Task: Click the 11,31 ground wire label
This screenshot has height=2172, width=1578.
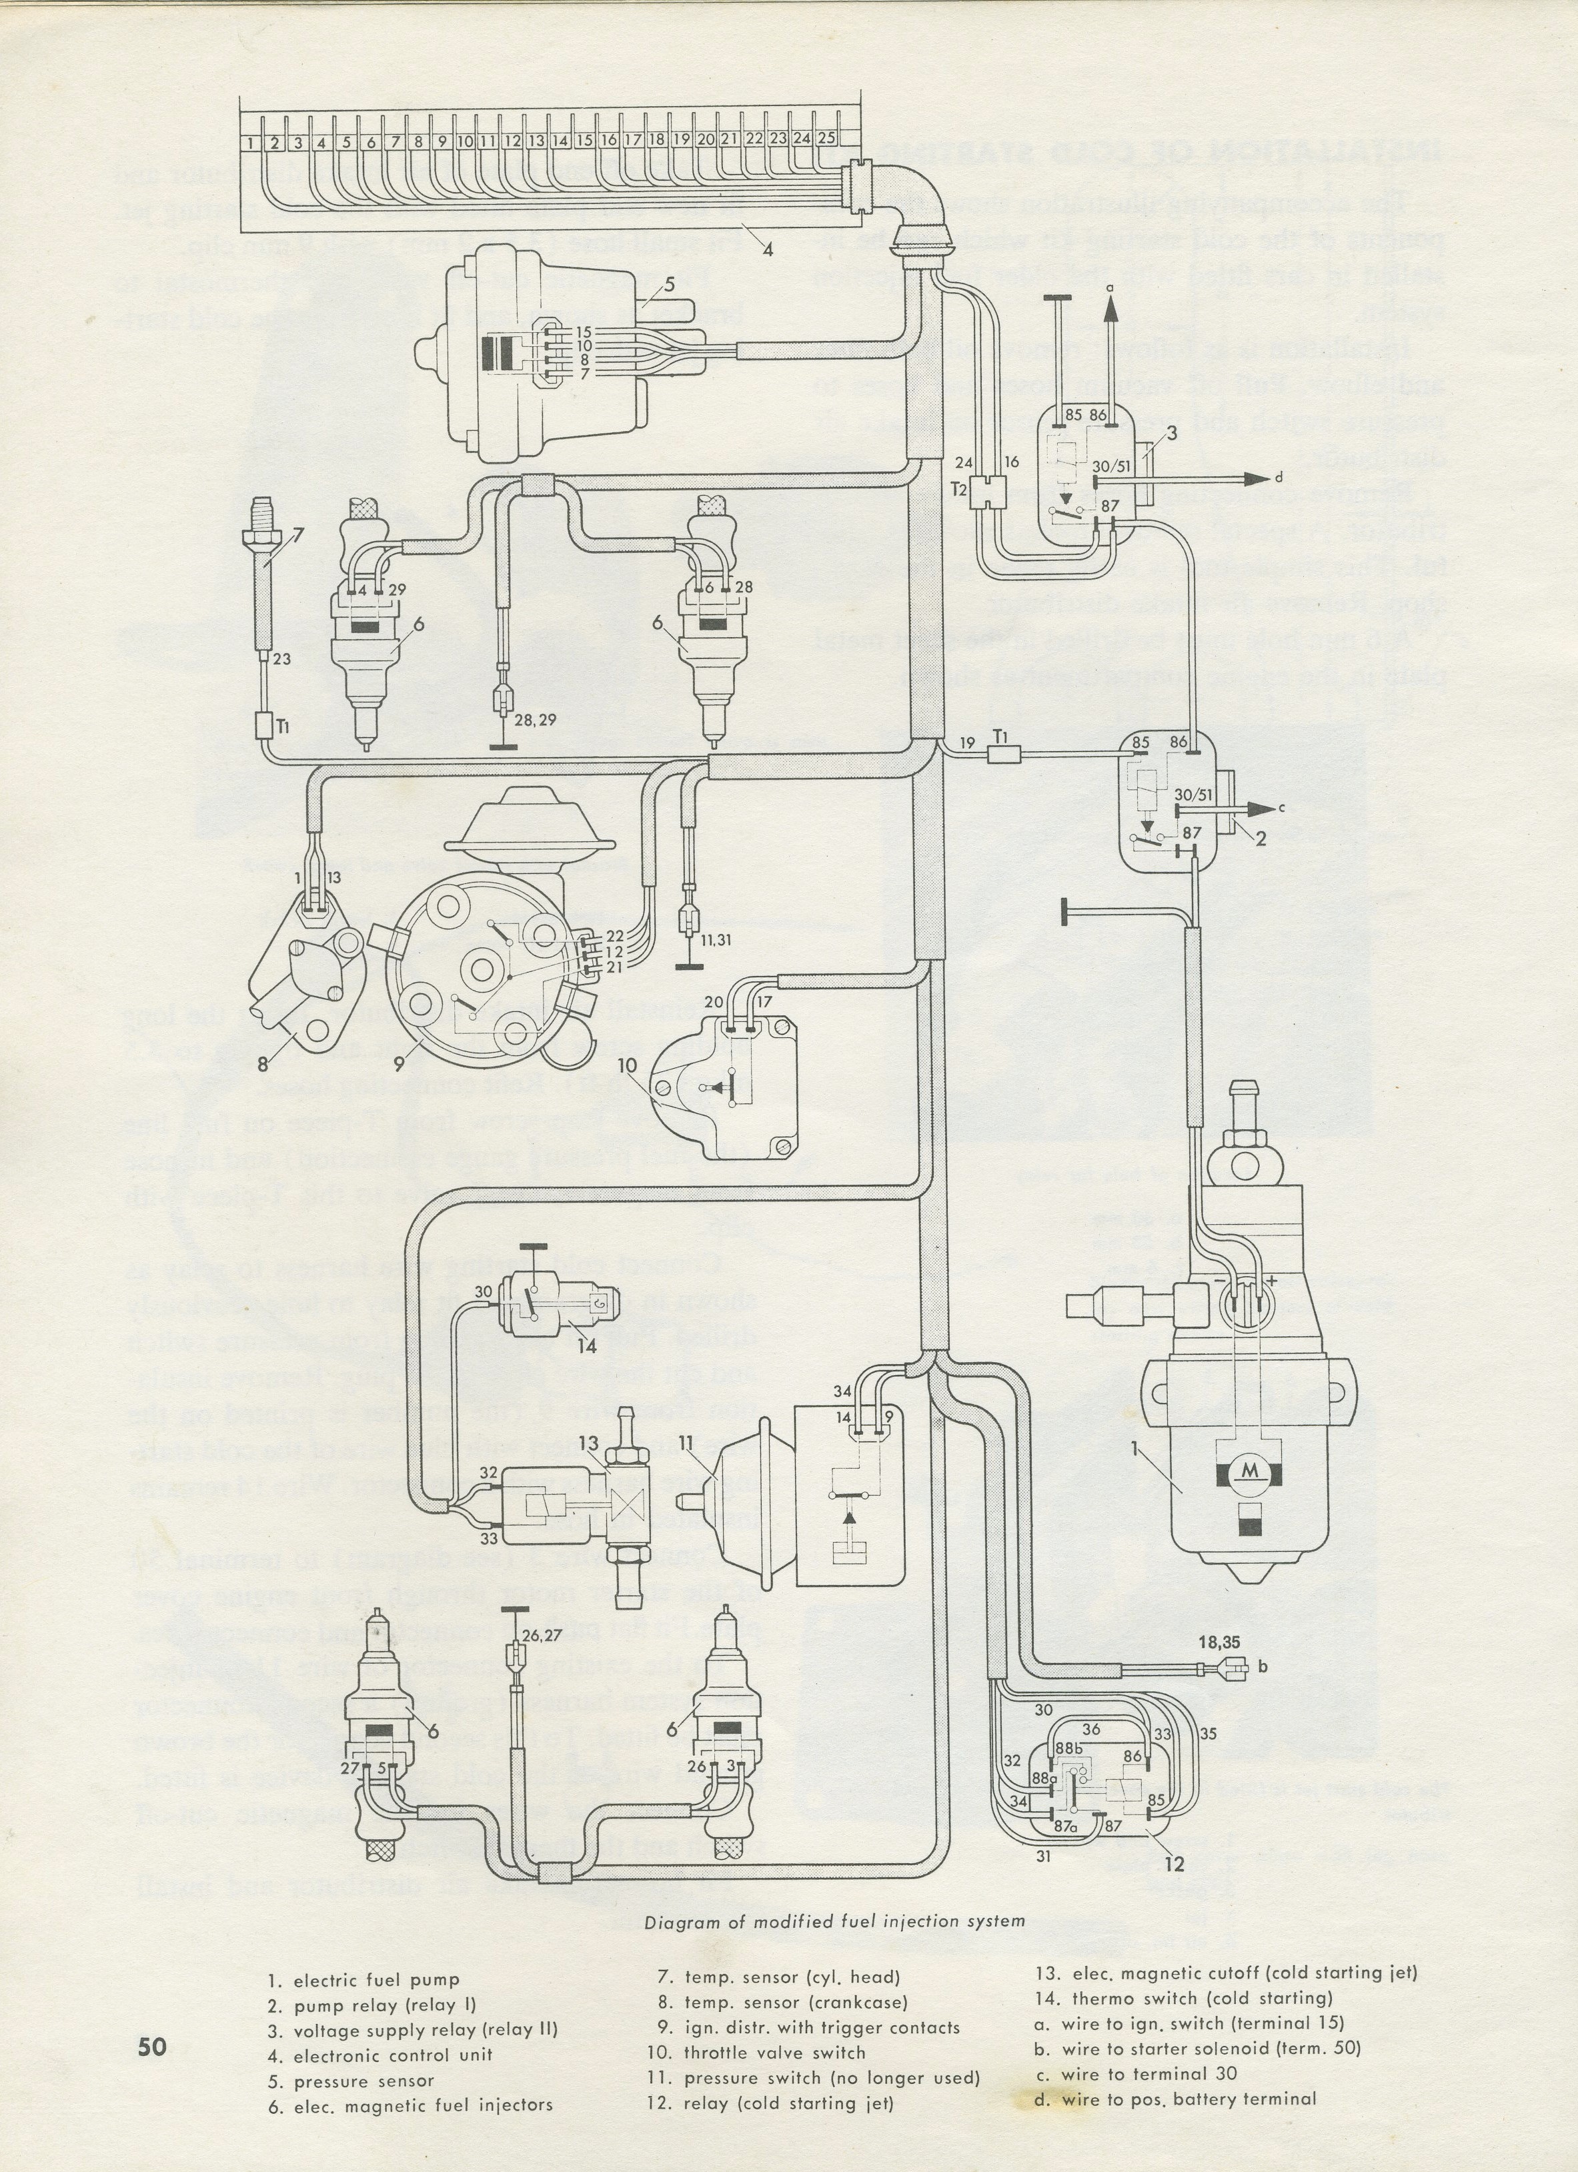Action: [x=714, y=939]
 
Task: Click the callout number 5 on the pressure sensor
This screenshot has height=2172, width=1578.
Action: [x=670, y=284]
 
